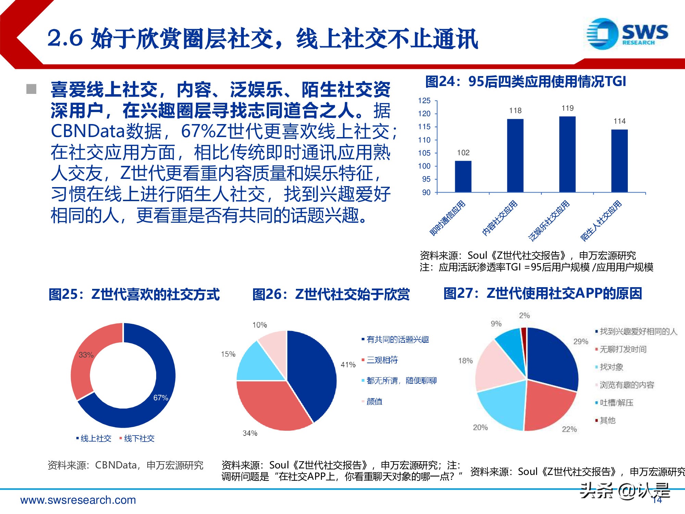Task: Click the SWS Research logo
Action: click(x=627, y=34)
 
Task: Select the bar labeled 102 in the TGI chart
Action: click(x=463, y=176)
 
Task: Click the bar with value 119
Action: click(x=567, y=154)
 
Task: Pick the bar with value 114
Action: click(x=619, y=161)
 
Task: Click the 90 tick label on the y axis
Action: click(x=426, y=193)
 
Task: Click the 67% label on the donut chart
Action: click(x=161, y=398)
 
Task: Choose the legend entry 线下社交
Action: click(x=139, y=439)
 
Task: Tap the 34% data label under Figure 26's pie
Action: click(x=250, y=433)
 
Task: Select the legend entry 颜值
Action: click(x=374, y=402)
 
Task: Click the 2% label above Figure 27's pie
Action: click(x=524, y=315)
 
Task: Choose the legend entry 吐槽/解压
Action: click(x=616, y=403)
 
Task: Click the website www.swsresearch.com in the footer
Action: click(x=78, y=500)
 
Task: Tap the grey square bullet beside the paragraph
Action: click(x=32, y=89)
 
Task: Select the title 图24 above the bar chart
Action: click(x=525, y=82)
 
